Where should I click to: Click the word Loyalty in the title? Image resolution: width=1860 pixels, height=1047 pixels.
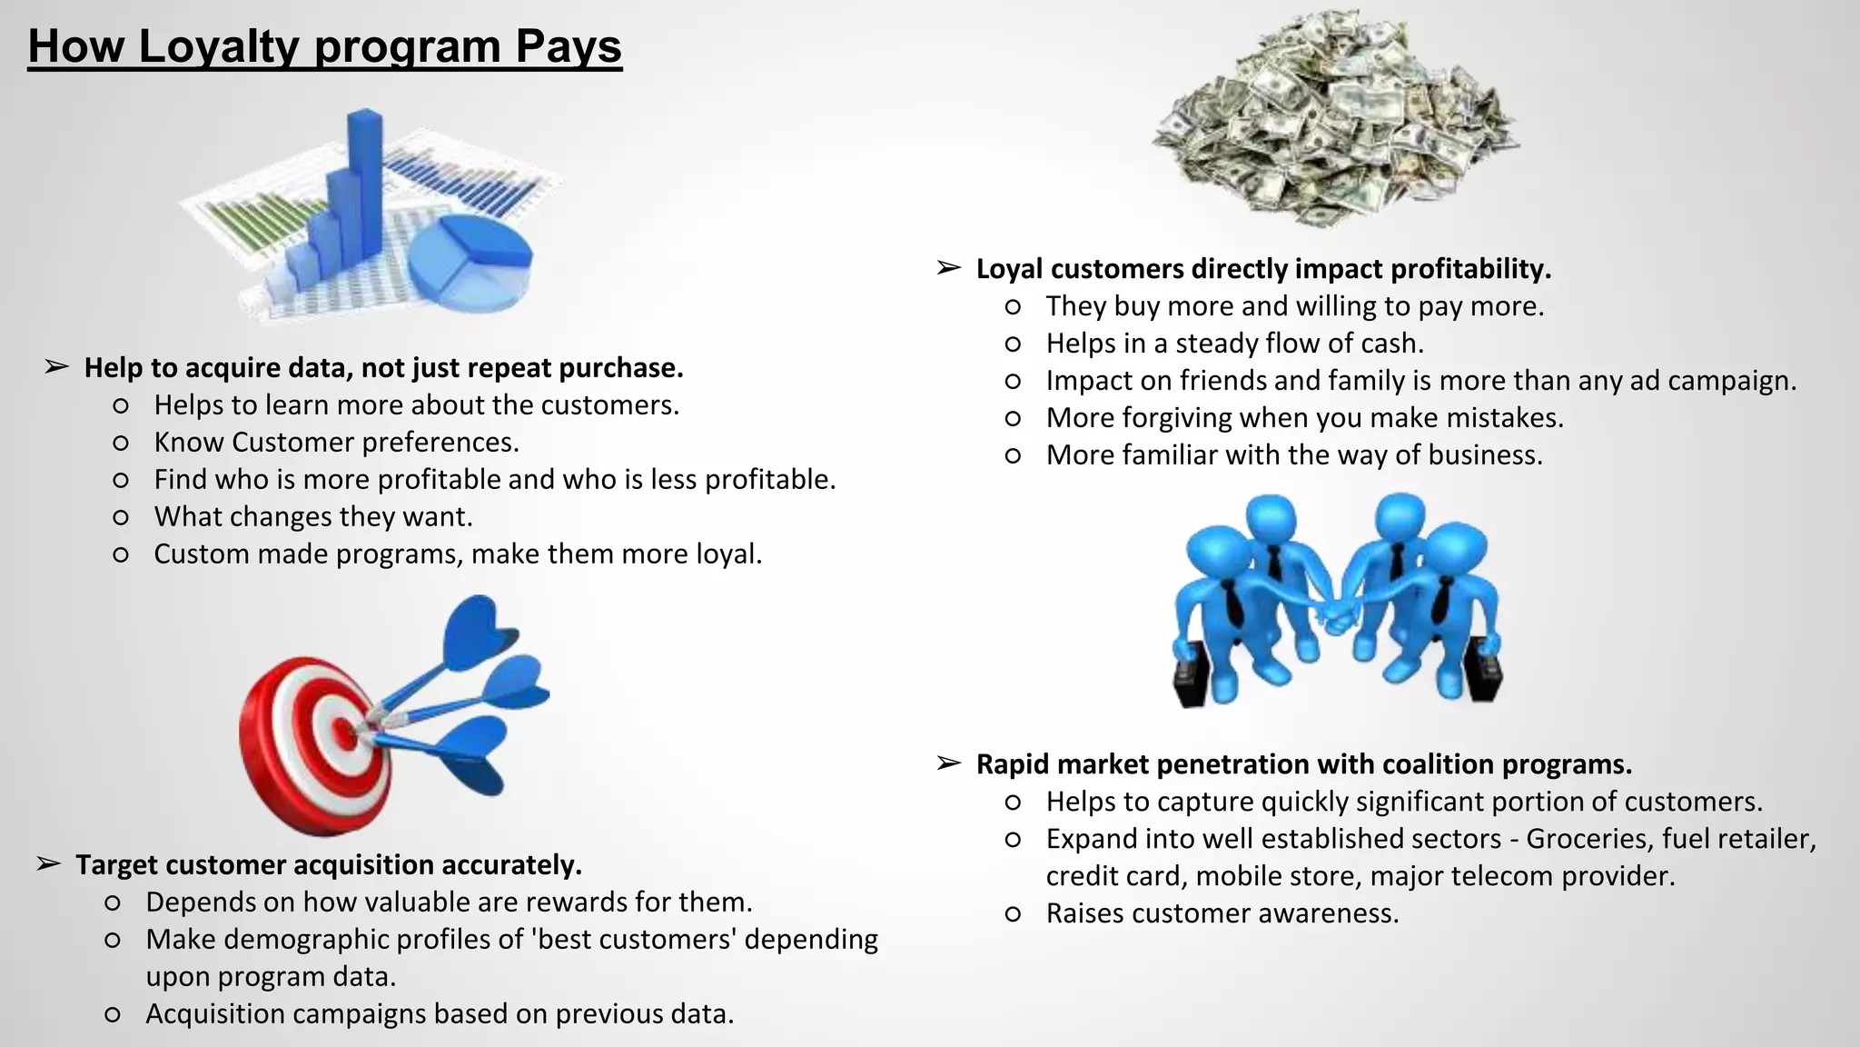click(x=218, y=47)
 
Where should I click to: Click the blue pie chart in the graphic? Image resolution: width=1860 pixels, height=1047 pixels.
click(x=470, y=259)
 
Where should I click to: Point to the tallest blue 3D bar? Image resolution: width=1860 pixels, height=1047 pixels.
click(x=364, y=182)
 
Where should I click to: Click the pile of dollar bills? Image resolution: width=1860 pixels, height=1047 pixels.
click(x=1335, y=118)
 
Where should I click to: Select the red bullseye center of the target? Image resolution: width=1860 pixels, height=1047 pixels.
click(x=343, y=730)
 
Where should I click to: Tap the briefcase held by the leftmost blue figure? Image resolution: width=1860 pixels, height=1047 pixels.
click(x=1191, y=677)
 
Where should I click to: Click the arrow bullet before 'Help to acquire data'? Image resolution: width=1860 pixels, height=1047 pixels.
click(x=56, y=367)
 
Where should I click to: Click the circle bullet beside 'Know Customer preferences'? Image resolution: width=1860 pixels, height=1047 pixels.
click(x=121, y=443)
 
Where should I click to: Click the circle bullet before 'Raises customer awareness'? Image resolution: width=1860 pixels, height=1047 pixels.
click(x=1014, y=914)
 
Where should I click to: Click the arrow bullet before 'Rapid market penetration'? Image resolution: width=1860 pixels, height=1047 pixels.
click(x=948, y=764)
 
